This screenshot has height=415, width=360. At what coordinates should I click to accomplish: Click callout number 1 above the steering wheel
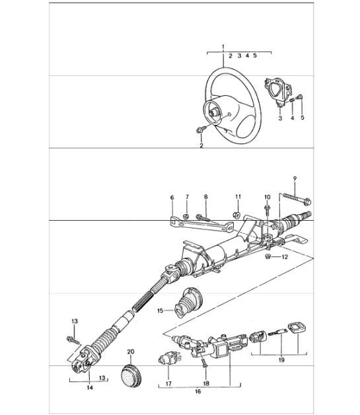coord(223,46)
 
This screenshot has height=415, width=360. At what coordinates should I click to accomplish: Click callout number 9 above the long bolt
coord(295,178)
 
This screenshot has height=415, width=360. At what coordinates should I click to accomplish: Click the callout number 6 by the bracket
coord(172,198)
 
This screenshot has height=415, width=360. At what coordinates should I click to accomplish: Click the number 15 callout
coord(159,309)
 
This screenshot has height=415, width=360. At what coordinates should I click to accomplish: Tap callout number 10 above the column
coord(267,198)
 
